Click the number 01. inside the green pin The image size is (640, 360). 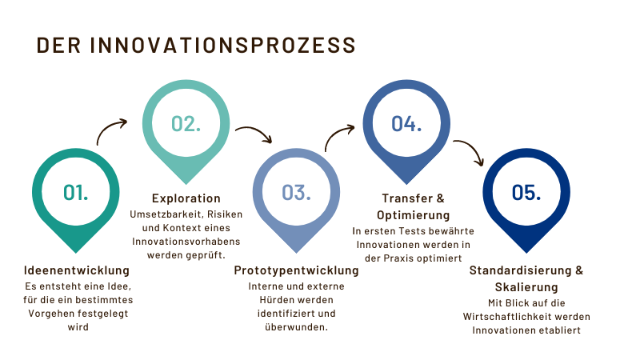tap(75, 192)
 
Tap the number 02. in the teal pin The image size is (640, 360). tap(186, 124)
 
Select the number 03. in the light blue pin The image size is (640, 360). tap(296, 192)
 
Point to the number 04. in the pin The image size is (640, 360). tap(406, 124)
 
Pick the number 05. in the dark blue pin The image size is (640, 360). tap(526, 192)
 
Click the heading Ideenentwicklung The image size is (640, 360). tap(77, 270)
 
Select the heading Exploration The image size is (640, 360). tap(186, 198)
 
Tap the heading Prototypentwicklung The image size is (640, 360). tap(296, 270)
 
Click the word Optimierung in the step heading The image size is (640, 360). tap(413, 215)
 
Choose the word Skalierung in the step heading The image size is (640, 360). tap(526, 287)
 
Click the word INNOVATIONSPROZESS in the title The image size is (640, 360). tap(223, 46)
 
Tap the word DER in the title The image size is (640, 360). tap(58, 46)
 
